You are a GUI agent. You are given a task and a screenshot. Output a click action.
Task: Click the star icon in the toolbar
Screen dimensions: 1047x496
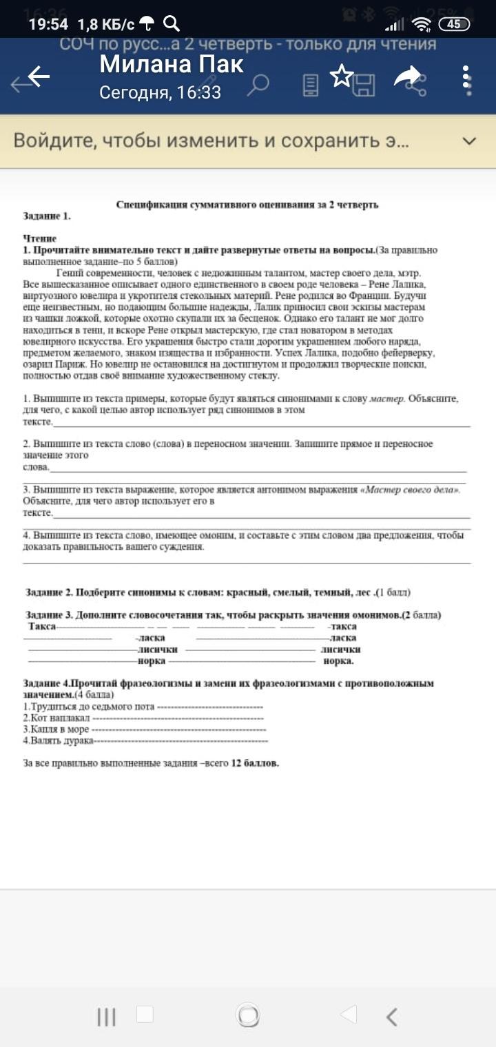point(342,76)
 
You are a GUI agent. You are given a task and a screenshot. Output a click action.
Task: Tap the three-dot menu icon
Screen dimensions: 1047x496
point(466,79)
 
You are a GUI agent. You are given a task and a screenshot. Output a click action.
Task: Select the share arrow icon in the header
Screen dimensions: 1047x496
point(407,76)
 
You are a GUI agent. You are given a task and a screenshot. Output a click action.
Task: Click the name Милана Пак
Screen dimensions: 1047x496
point(172,64)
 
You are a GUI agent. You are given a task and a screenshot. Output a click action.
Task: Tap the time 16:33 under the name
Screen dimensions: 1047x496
point(198,92)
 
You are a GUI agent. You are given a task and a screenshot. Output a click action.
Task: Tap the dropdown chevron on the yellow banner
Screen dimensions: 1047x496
point(469,141)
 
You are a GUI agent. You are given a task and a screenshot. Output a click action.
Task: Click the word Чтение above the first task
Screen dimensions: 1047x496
point(39,238)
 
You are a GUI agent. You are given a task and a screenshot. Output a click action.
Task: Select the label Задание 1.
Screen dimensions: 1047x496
point(47,216)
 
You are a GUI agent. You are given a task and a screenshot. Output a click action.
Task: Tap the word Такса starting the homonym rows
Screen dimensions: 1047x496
point(43,626)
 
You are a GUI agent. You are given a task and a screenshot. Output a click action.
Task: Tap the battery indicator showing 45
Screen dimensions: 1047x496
point(454,24)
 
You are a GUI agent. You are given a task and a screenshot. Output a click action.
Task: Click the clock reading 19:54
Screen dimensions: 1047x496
point(48,24)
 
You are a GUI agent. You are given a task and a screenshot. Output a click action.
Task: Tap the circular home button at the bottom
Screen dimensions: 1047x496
point(248,1015)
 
